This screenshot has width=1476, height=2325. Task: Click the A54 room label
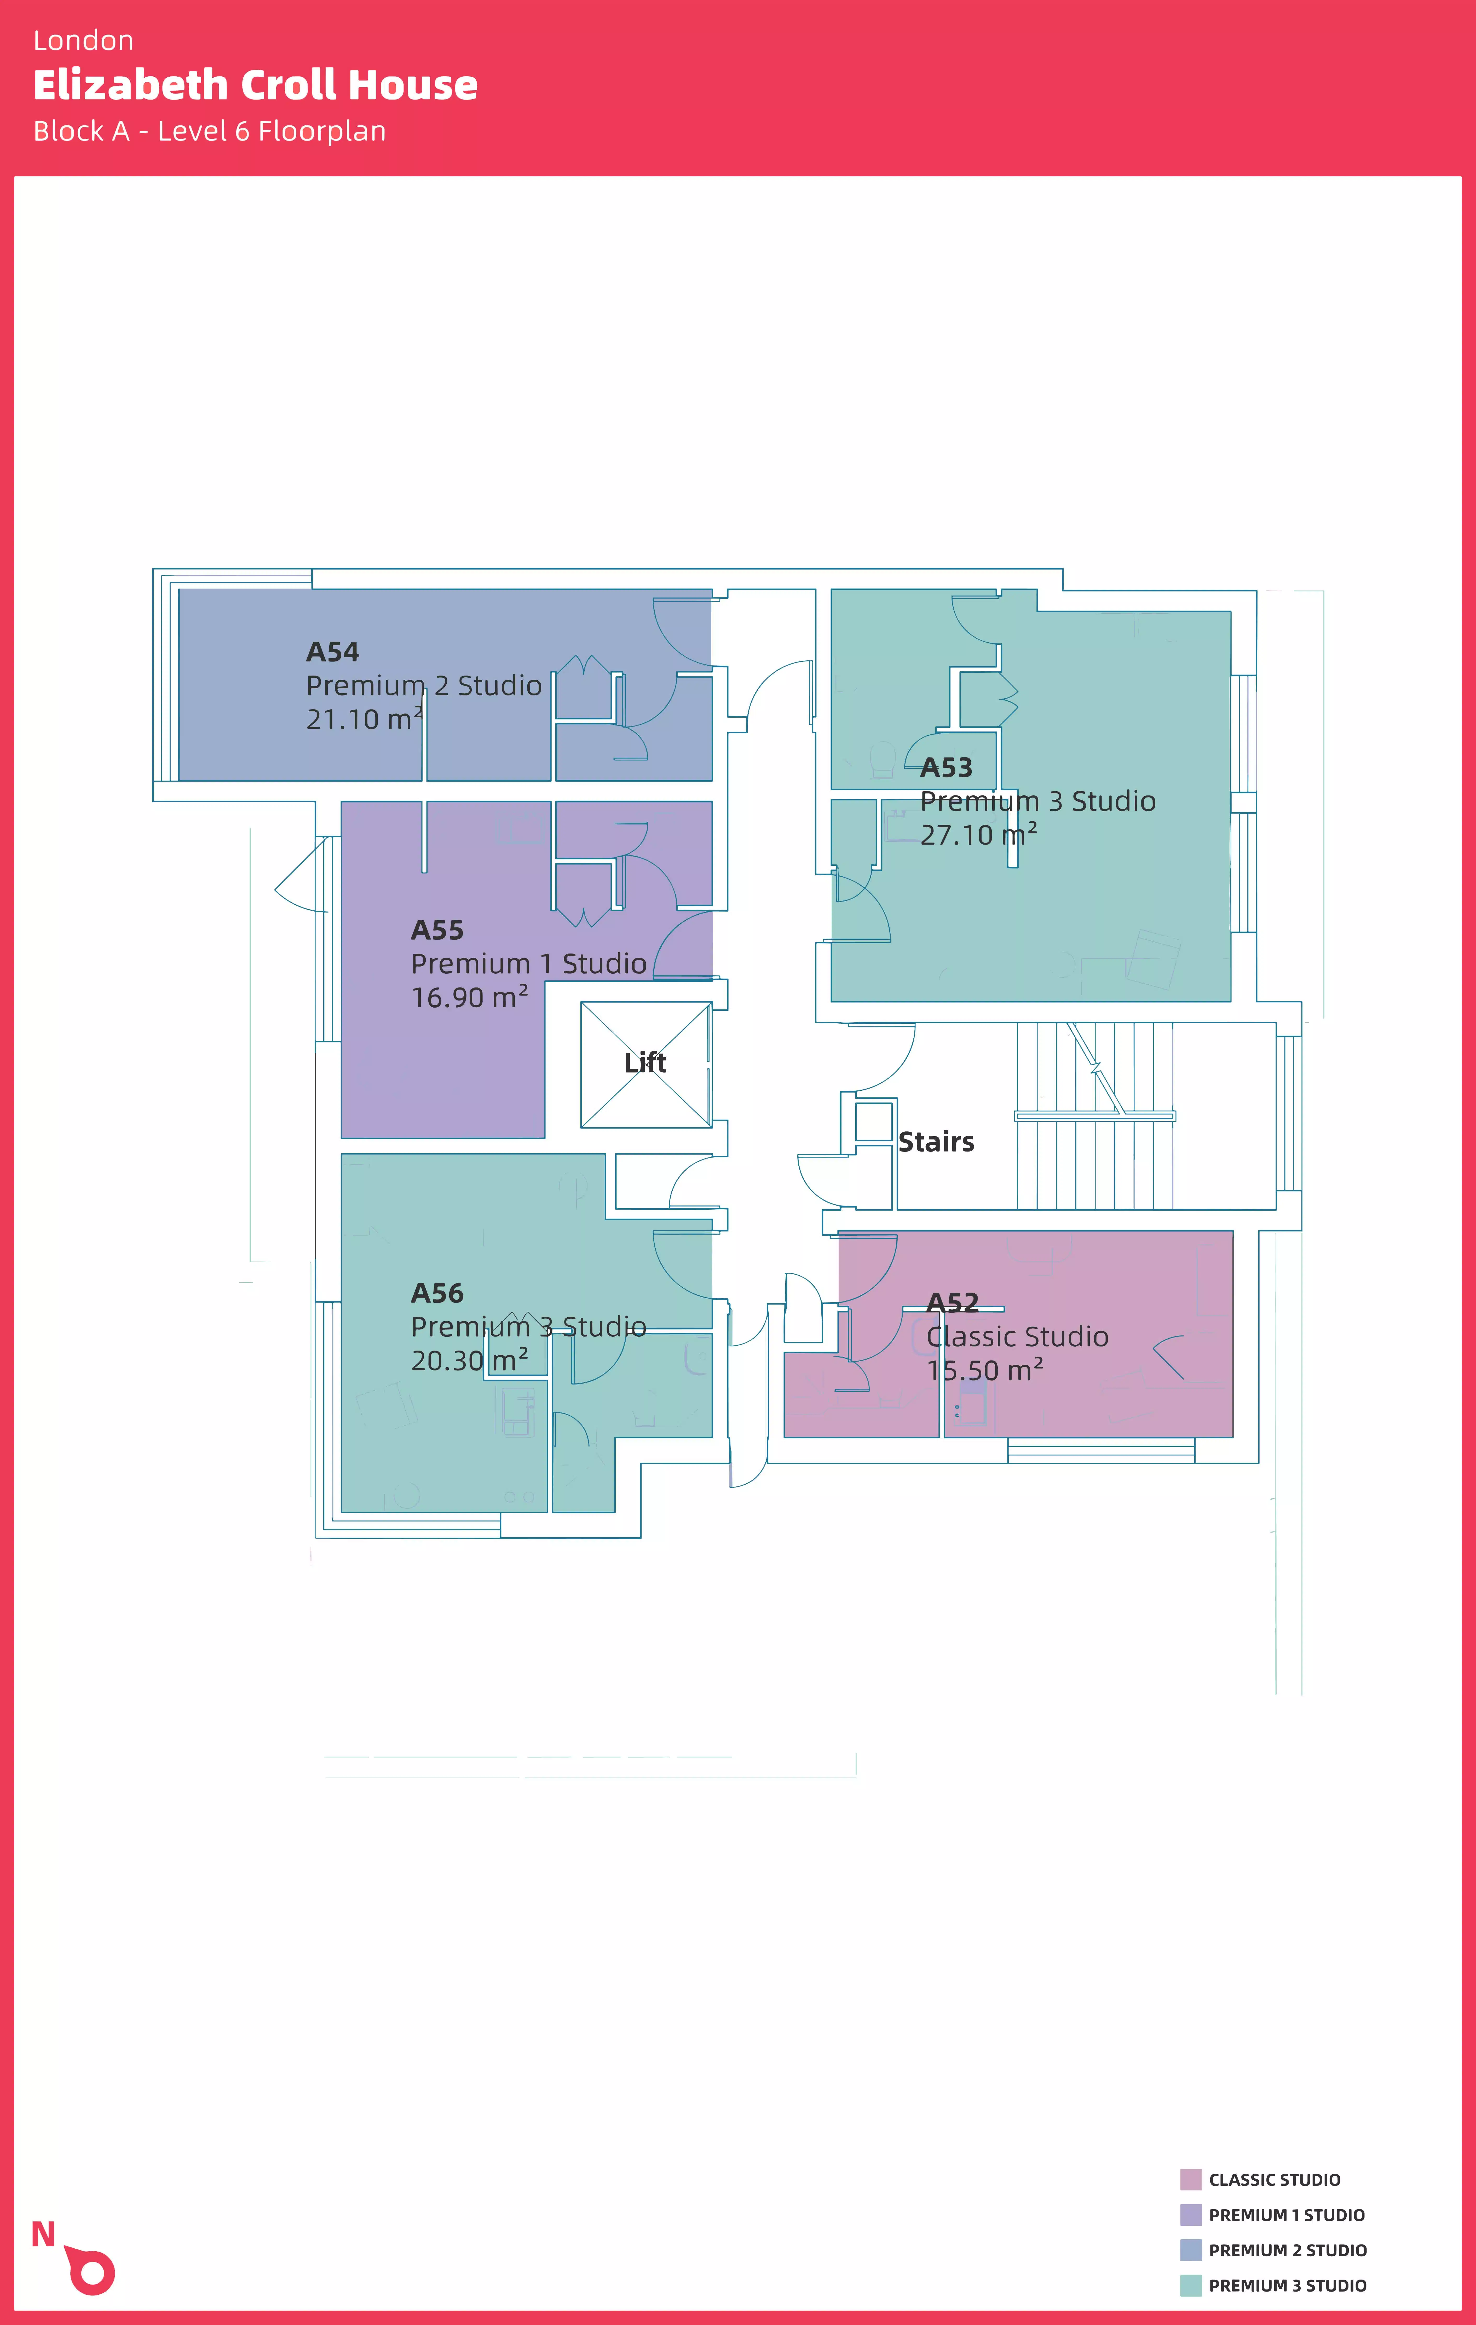pos(332,653)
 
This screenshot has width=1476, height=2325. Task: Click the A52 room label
pos(953,1304)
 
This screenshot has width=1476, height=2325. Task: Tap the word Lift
pos(645,1063)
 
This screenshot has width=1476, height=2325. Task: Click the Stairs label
pos(936,1142)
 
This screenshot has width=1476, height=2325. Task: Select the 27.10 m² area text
pos(978,835)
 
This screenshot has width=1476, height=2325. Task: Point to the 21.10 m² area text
pos(364,719)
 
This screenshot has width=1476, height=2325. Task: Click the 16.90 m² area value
pos(469,997)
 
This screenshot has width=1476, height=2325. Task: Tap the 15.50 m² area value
pos(985,1370)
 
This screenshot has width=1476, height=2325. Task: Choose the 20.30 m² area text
pos(469,1361)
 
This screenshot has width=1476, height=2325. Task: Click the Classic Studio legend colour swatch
pos(1191,2179)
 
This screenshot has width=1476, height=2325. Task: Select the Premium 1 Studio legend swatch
pos(1191,2215)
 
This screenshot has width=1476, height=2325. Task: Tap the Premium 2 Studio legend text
pos(1288,2251)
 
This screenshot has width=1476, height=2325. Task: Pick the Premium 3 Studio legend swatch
pos(1191,2285)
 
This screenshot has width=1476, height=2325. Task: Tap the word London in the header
pos(83,40)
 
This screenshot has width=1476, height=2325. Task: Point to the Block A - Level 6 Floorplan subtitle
pos(210,131)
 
